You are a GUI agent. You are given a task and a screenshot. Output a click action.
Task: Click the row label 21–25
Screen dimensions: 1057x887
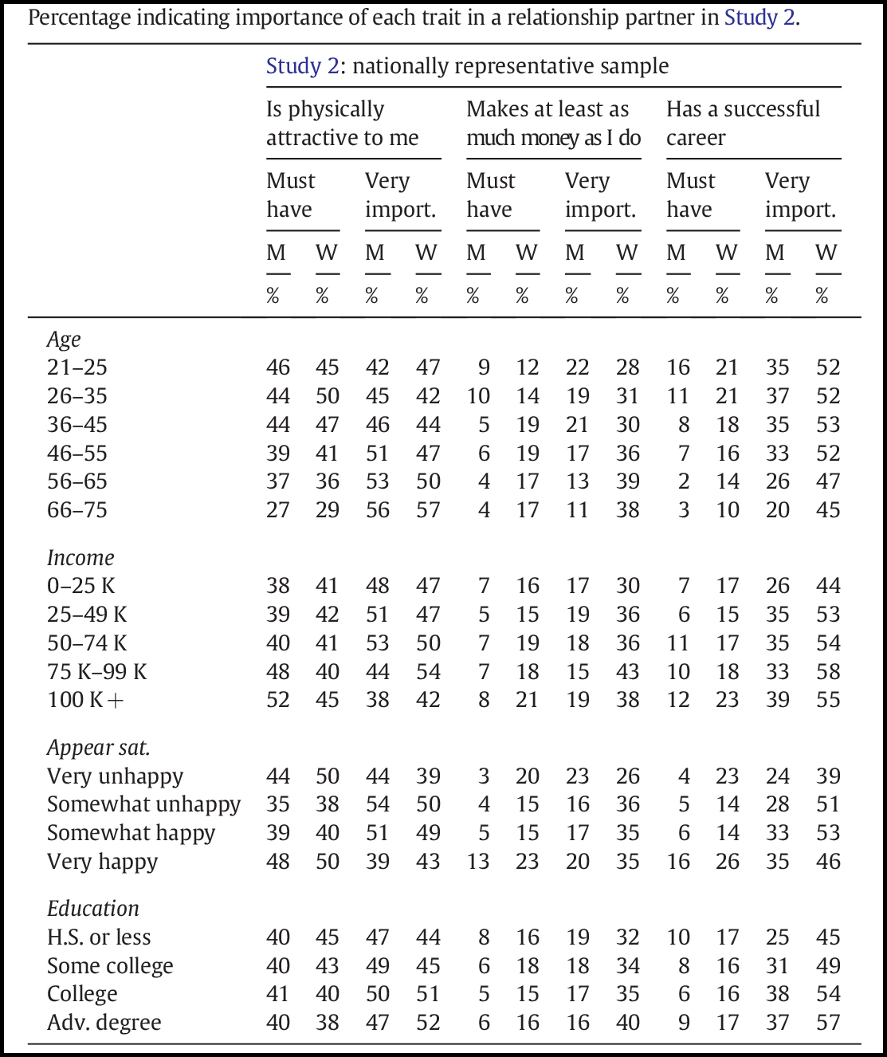pyautogui.click(x=77, y=367)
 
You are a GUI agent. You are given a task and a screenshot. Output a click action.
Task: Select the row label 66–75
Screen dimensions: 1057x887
pyautogui.click(x=77, y=510)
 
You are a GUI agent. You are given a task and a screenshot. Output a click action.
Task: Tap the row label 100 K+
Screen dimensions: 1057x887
pyautogui.click(x=85, y=700)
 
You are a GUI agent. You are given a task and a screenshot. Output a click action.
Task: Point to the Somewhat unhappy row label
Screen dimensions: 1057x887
pyautogui.click(x=143, y=804)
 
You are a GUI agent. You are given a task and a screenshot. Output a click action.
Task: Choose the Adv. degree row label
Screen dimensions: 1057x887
pyautogui.click(x=104, y=1023)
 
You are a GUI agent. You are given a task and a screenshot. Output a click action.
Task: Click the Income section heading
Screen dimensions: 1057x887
pyautogui.click(x=80, y=558)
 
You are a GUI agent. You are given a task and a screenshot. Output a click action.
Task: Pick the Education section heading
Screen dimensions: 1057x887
pyautogui.click(x=92, y=909)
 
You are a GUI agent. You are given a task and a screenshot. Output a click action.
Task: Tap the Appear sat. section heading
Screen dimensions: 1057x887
pyautogui.click(x=98, y=748)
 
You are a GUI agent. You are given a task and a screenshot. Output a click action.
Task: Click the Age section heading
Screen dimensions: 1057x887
pyautogui.click(x=64, y=340)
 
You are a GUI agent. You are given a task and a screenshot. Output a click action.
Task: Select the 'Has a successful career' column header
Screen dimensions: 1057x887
pyautogui.click(x=743, y=123)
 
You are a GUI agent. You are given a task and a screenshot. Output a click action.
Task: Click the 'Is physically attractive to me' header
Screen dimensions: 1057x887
pyautogui.click(x=342, y=123)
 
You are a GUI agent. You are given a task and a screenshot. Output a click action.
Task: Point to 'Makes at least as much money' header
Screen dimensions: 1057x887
pyautogui.click(x=553, y=123)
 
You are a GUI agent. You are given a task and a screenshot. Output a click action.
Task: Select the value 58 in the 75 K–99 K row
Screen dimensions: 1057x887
pyautogui.click(x=828, y=672)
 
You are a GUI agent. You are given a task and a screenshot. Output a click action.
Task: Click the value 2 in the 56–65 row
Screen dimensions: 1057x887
pyautogui.click(x=684, y=481)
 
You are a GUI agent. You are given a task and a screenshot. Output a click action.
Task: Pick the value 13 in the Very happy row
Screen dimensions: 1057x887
pyautogui.click(x=478, y=862)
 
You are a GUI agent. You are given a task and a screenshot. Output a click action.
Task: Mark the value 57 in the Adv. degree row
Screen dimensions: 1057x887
pyautogui.click(x=828, y=1023)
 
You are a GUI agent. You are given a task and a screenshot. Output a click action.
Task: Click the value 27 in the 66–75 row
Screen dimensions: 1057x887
pyautogui.click(x=278, y=510)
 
